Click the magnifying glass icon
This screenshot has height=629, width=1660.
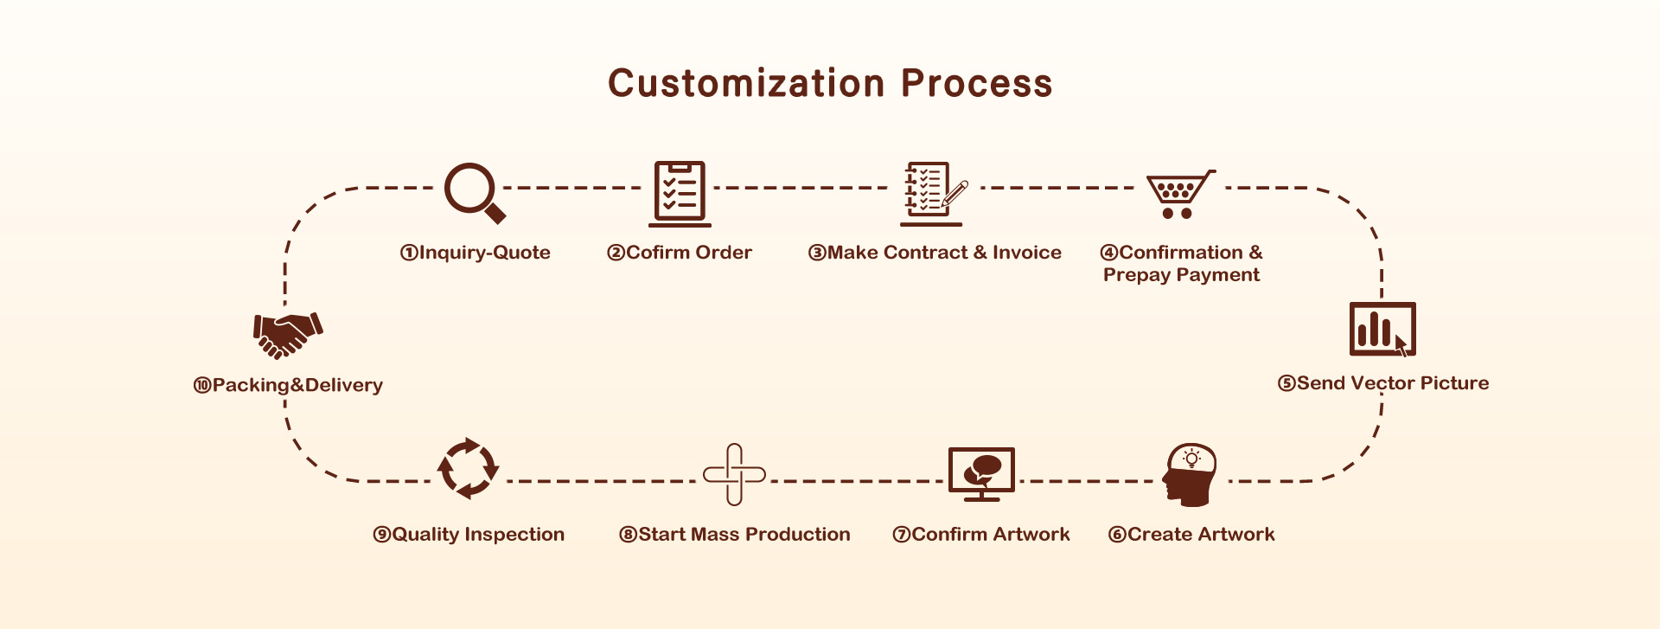pyautogui.click(x=474, y=192)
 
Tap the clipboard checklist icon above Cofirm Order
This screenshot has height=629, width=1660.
pyautogui.click(x=680, y=194)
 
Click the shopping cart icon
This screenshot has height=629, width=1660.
pyautogui.click(x=1180, y=194)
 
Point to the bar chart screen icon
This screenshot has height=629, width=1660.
pyautogui.click(x=1382, y=329)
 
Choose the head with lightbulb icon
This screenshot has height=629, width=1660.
pyautogui.click(x=1190, y=474)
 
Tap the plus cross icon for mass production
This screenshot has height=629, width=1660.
pyautogui.click(x=734, y=474)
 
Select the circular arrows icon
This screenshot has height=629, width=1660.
pyautogui.click(x=468, y=468)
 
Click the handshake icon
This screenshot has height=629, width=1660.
pyautogui.click(x=288, y=335)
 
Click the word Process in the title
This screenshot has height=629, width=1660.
pyautogui.click(x=977, y=83)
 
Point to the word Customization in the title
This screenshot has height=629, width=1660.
pyautogui.click(x=747, y=83)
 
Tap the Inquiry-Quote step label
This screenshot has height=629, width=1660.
pyautogui.click(x=475, y=253)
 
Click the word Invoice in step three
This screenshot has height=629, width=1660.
pyautogui.click(x=1027, y=253)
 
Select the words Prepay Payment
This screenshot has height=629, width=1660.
pyautogui.click(x=1181, y=275)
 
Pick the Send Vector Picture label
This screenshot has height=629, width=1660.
pyautogui.click(x=1383, y=383)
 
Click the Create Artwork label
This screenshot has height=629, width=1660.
pyautogui.click(x=1191, y=535)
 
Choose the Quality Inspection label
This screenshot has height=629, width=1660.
pyautogui.click(x=469, y=535)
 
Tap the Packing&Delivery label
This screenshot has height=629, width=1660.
pyautogui.click(x=288, y=385)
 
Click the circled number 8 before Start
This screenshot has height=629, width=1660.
pyautogui.click(x=629, y=535)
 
